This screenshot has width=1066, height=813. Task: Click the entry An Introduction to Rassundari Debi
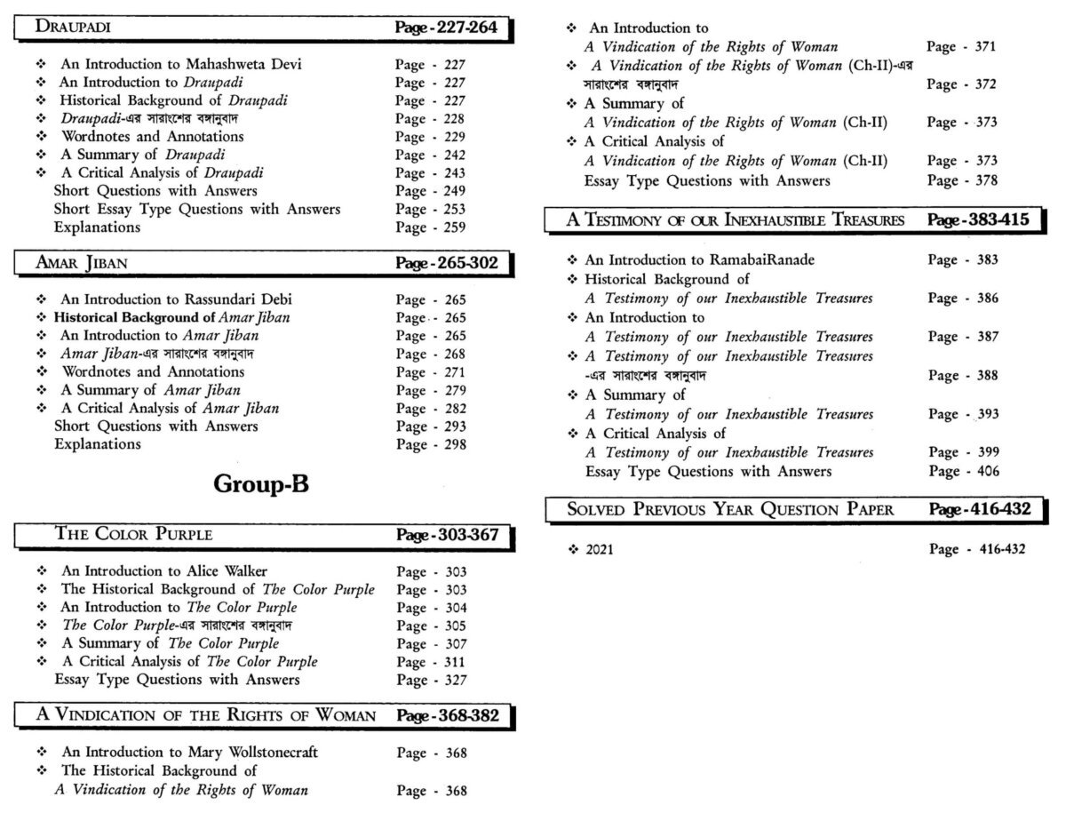tap(176, 299)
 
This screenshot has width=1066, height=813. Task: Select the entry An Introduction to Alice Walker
tap(163, 571)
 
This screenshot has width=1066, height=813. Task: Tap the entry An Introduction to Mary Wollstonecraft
tap(189, 753)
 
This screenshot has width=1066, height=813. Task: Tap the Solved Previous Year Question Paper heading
tap(730, 509)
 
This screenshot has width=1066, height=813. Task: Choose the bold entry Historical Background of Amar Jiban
tap(171, 317)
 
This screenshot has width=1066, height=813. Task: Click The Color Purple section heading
tap(134, 534)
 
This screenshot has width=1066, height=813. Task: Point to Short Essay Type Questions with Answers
tap(197, 209)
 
